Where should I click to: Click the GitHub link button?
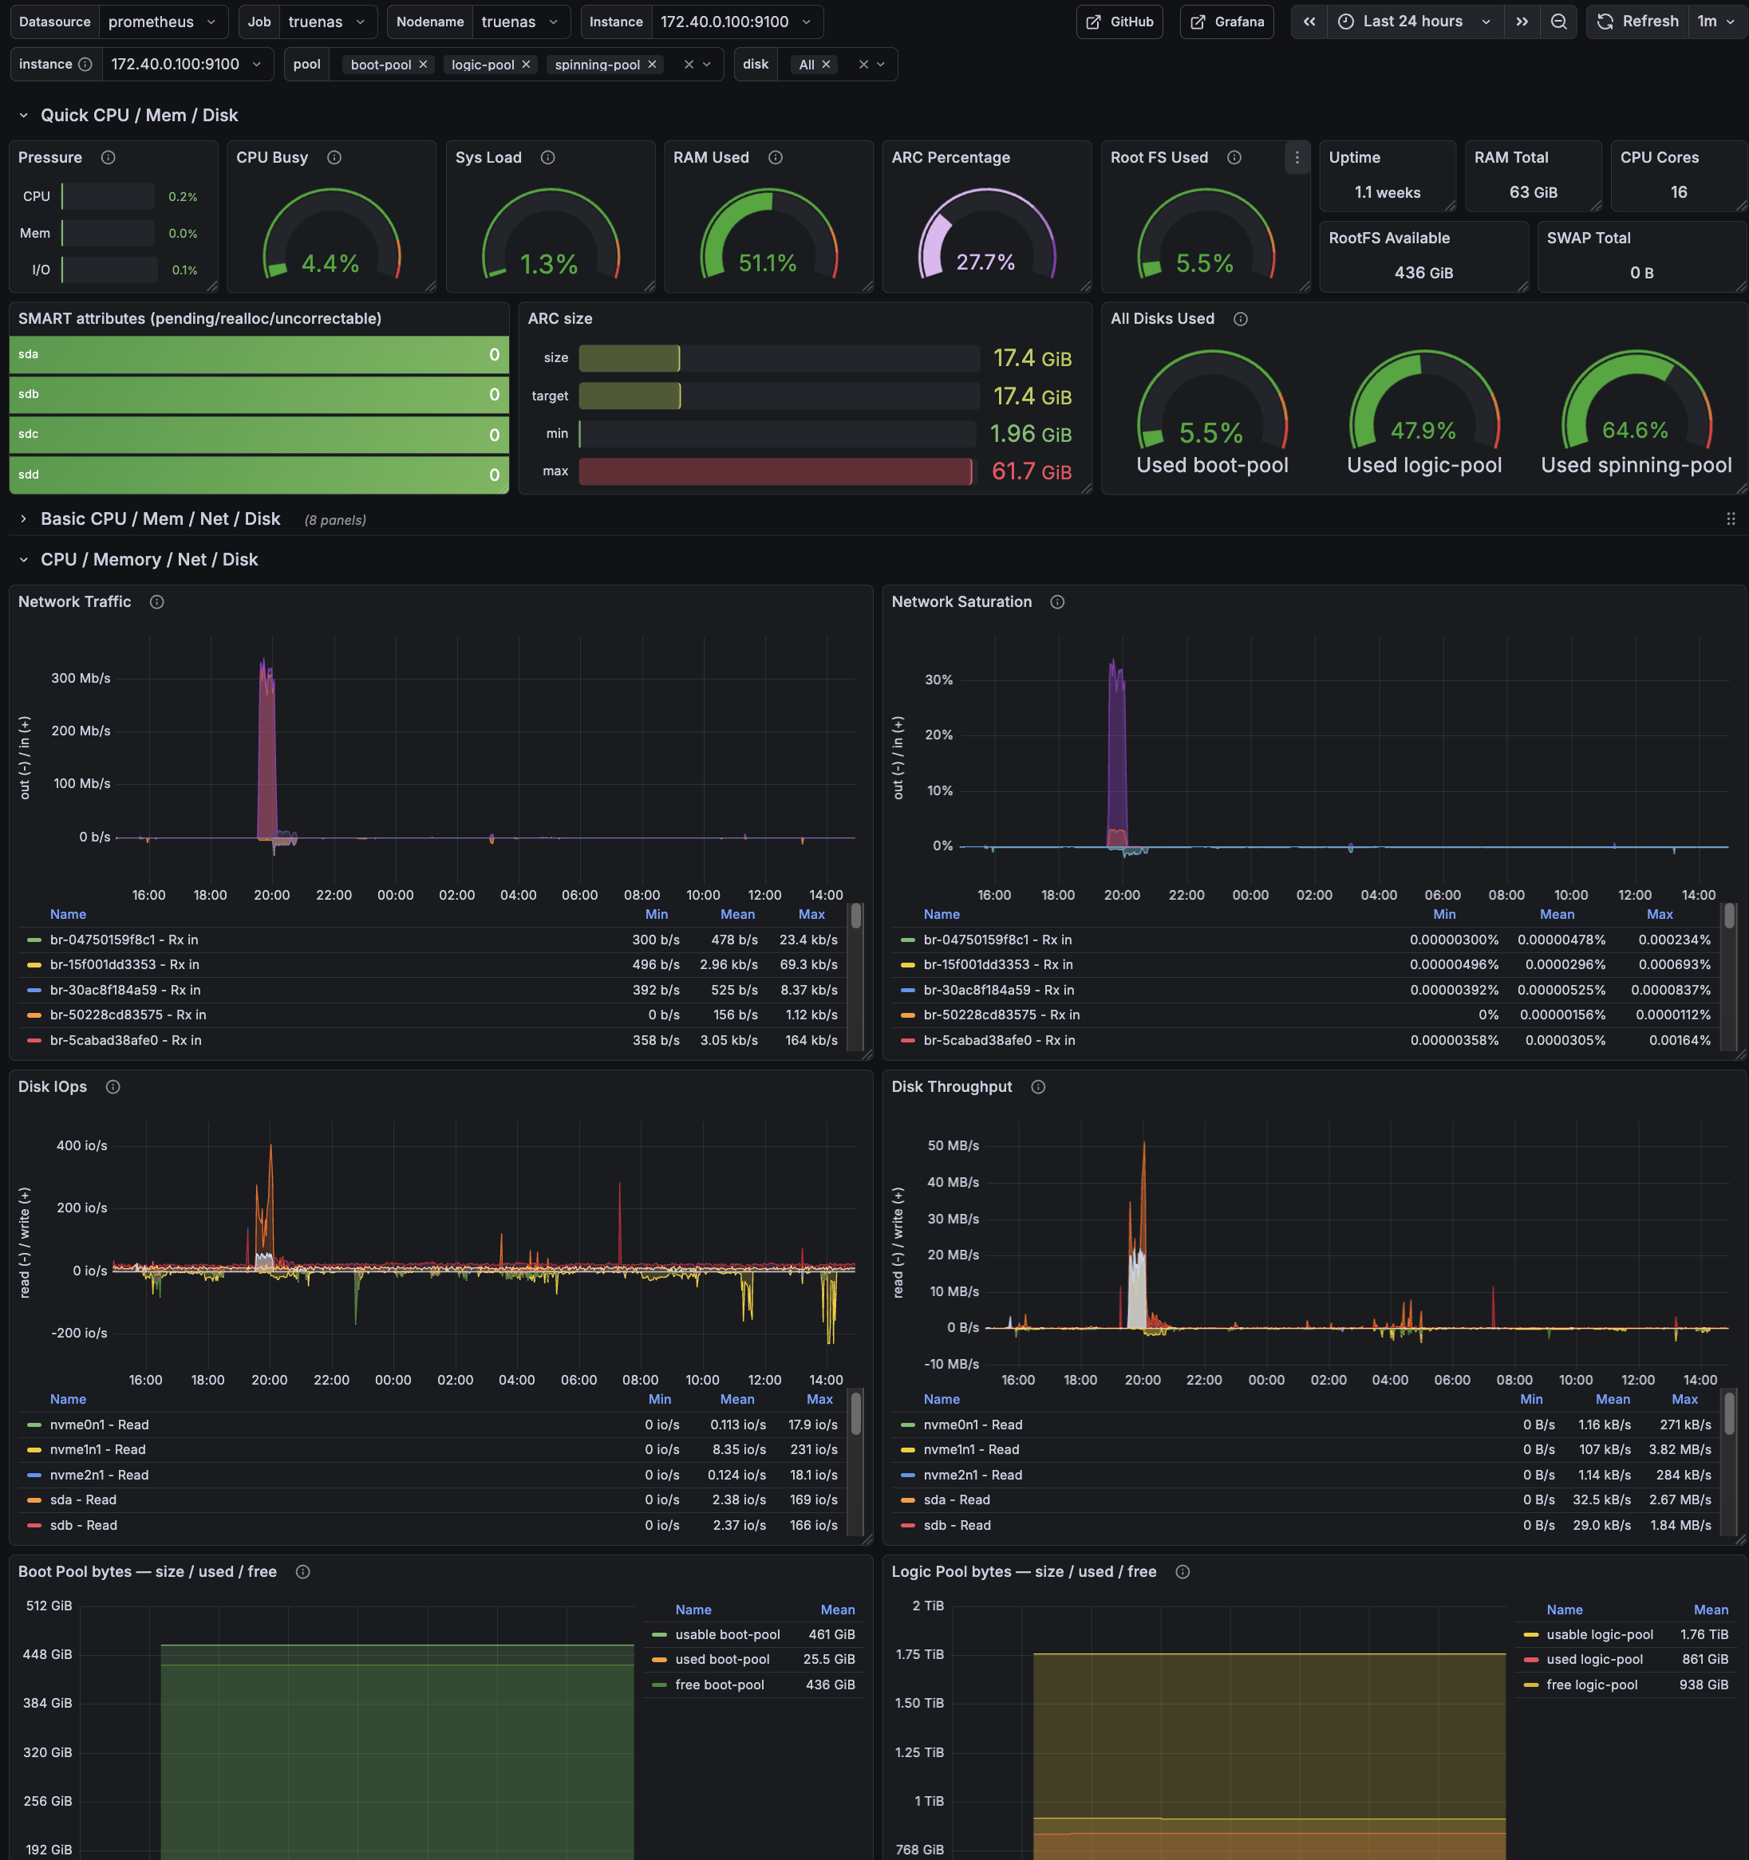(x=1119, y=22)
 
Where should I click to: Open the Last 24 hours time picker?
(x=1413, y=22)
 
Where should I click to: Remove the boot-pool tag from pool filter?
(x=423, y=65)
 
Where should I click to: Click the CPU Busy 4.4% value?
(x=330, y=264)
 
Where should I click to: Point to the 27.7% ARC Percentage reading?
(x=985, y=262)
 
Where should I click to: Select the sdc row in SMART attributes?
(x=259, y=434)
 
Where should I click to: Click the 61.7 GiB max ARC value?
(x=1031, y=471)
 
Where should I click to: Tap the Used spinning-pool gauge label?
(x=1636, y=465)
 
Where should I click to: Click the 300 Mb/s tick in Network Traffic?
(x=81, y=678)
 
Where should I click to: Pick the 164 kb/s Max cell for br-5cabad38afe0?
(x=811, y=1039)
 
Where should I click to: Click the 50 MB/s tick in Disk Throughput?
(x=953, y=1145)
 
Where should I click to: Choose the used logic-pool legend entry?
(x=1593, y=1659)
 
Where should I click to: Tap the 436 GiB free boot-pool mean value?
(x=830, y=1684)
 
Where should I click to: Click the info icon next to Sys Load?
(x=548, y=157)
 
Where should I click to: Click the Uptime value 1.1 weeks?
(x=1387, y=191)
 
